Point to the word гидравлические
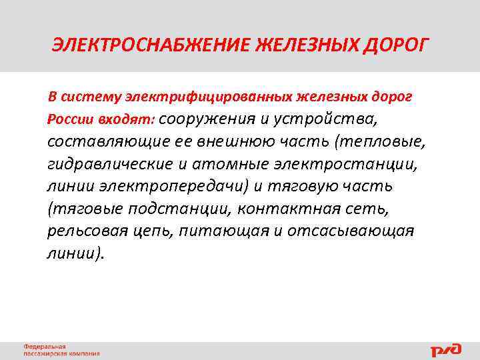click(107, 164)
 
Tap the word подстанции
click(169, 209)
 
